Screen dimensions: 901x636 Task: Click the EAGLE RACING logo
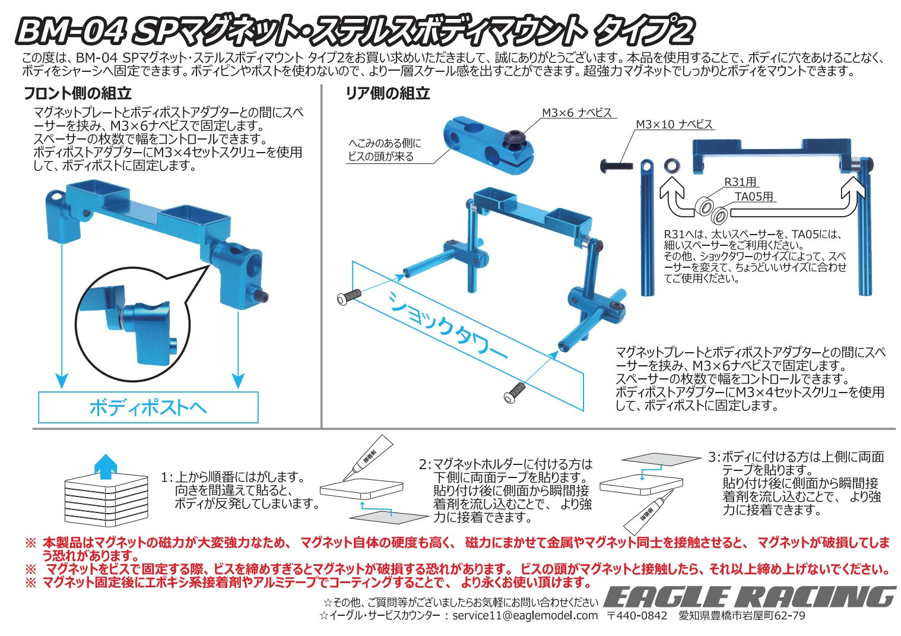click(x=750, y=596)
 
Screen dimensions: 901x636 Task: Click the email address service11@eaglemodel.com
click(x=525, y=615)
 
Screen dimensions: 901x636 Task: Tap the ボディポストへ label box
click(x=148, y=407)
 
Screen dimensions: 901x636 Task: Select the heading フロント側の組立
click(x=78, y=93)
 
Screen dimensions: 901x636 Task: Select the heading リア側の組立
click(x=388, y=93)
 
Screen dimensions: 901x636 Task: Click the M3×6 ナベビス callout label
click(x=576, y=113)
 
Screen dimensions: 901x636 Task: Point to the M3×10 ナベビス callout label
click(x=674, y=124)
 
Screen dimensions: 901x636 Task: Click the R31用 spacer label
click(x=741, y=182)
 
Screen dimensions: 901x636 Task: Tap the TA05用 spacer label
click(x=754, y=197)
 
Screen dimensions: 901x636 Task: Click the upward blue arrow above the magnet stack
click(x=106, y=467)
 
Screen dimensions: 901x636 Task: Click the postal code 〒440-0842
click(x=637, y=615)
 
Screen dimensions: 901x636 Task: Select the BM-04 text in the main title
click(x=70, y=31)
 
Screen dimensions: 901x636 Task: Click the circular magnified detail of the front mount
click(x=133, y=324)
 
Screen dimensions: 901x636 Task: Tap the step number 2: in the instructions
click(x=425, y=464)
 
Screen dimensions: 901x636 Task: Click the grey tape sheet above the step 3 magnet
click(x=661, y=459)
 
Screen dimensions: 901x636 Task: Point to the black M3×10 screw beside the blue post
click(x=616, y=165)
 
